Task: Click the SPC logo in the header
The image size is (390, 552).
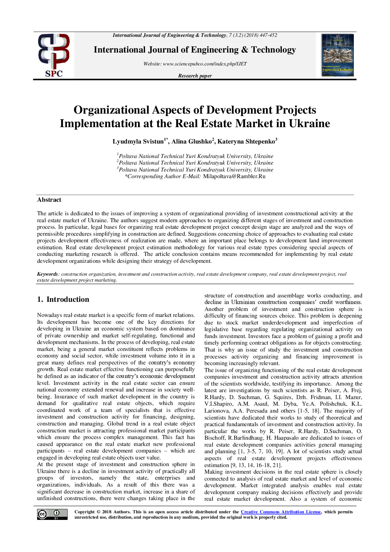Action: tap(54, 55)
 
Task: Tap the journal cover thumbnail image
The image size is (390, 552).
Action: tap(338, 55)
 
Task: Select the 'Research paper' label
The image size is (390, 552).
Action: tap(195, 76)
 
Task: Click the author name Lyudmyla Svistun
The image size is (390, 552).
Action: tap(138, 142)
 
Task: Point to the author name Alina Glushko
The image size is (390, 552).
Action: tap(192, 142)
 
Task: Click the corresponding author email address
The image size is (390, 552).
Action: tap(234, 177)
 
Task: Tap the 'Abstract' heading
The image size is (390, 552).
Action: tap(49, 200)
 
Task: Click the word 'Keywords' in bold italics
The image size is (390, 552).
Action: tap(47, 274)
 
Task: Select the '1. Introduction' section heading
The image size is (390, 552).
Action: tap(63, 299)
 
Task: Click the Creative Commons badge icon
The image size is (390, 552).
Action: tap(52, 514)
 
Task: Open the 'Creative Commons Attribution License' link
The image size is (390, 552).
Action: tap(281, 512)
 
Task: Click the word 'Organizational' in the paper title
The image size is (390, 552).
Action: tap(111, 110)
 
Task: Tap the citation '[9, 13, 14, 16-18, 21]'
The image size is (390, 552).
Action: tap(256, 465)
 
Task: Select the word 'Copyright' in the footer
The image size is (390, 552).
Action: tap(84, 512)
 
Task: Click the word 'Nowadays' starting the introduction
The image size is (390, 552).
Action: tap(50, 315)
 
